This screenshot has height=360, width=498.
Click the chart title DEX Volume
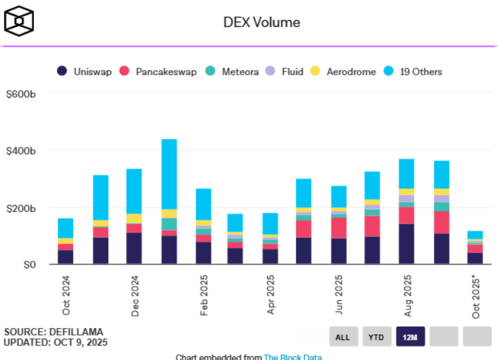pyautogui.click(x=261, y=22)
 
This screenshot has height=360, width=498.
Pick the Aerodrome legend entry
pyautogui.click(x=344, y=72)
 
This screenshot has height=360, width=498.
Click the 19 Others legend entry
pyautogui.click(x=413, y=72)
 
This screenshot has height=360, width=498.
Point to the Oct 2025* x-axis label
pyautogui.click(x=476, y=297)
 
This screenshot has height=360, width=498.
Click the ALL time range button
pyautogui.click(x=343, y=337)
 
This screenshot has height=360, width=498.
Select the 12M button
pyautogui.click(x=410, y=337)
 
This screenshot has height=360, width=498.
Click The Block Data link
pyautogui.click(x=293, y=357)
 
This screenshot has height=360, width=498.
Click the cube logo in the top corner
pyautogui.click(x=19, y=21)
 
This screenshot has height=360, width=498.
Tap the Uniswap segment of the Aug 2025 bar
pyautogui.click(x=406, y=244)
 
